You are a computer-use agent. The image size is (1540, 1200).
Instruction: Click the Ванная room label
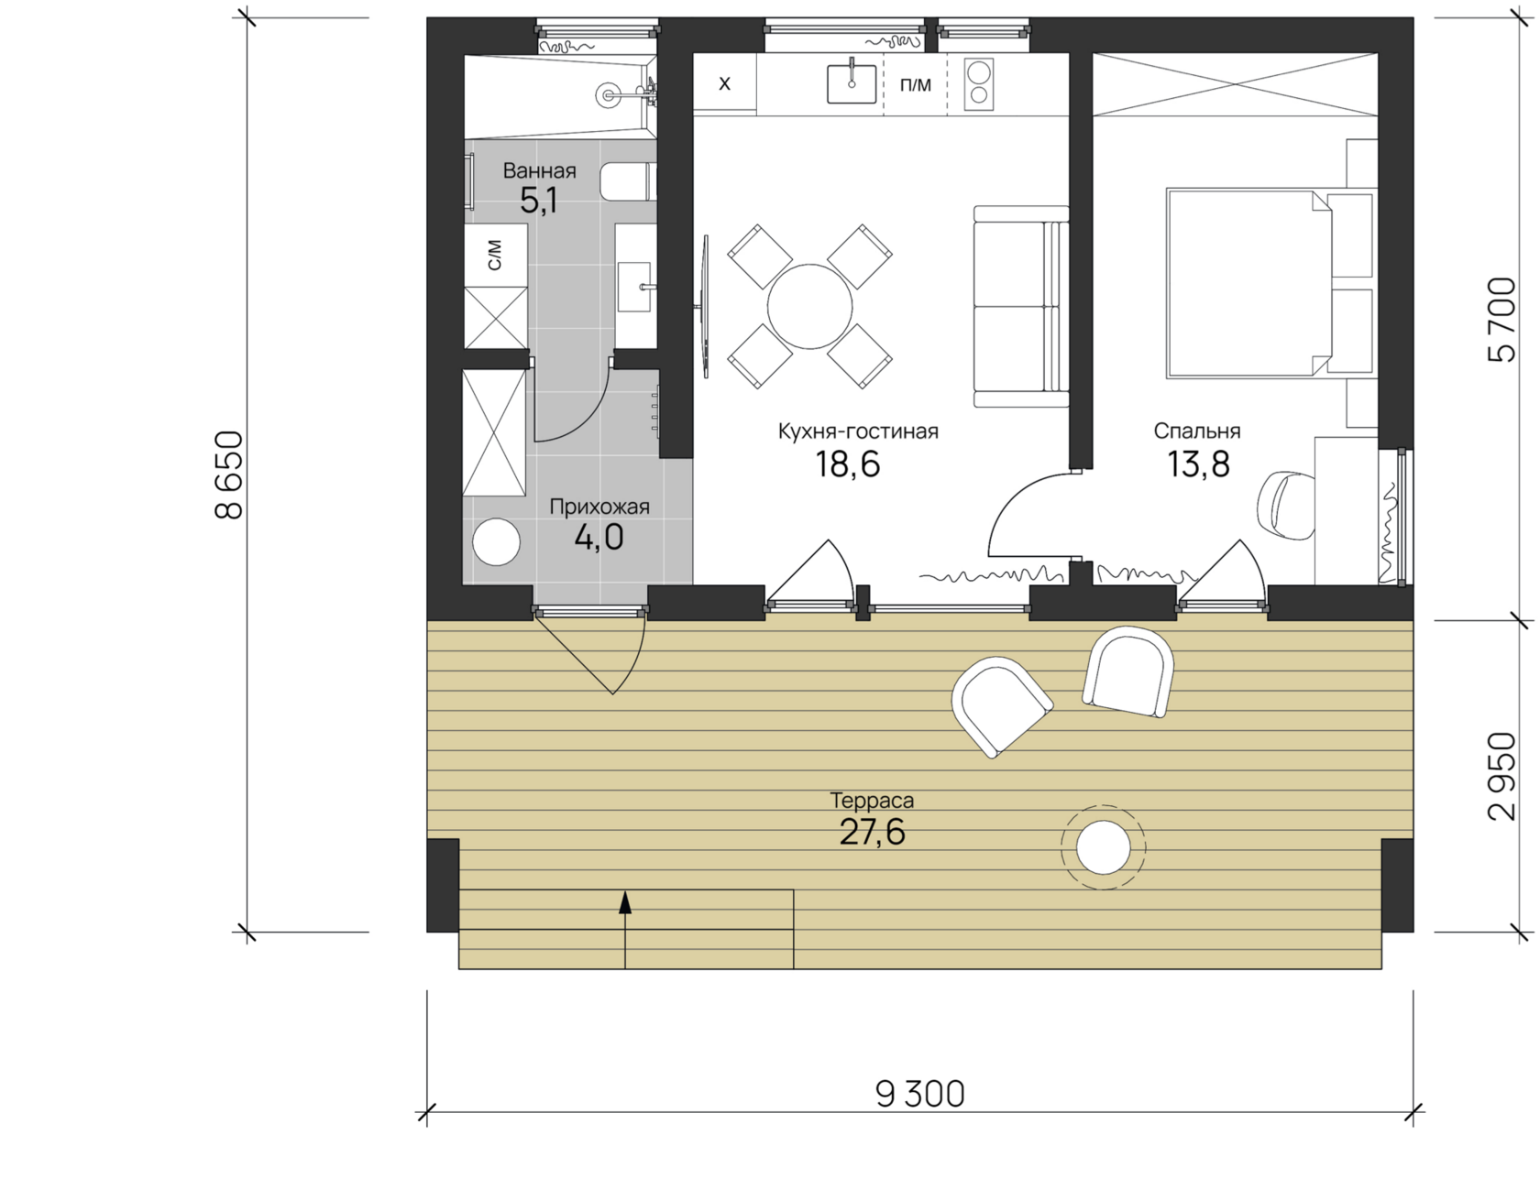pyautogui.click(x=539, y=170)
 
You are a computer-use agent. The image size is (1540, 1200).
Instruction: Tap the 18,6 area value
pyautogui.click(x=848, y=464)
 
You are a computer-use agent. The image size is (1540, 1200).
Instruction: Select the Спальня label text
pyautogui.click(x=1197, y=431)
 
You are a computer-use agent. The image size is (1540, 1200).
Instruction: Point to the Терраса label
pyautogui.click(x=872, y=801)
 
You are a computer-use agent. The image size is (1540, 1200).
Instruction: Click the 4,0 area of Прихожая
pyautogui.click(x=599, y=537)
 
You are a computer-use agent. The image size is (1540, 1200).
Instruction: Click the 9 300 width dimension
pyautogui.click(x=920, y=1094)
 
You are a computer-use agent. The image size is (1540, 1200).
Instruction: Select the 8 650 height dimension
pyautogui.click(x=229, y=475)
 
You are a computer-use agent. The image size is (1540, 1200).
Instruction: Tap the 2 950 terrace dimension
pyautogui.click(x=1501, y=776)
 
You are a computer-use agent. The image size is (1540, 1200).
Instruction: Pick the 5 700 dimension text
pyautogui.click(x=1501, y=320)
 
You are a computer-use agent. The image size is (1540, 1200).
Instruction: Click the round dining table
pyautogui.click(x=809, y=307)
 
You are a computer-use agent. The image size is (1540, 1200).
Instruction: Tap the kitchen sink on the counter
pyautogui.click(x=852, y=83)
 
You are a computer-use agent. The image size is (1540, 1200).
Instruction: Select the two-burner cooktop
pyautogui.click(x=979, y=83)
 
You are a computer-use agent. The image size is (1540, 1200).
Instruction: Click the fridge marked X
pyautogui.click(x=724, y=84)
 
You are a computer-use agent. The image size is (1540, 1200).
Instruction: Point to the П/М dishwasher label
pyautogui.click(x=916, y=85)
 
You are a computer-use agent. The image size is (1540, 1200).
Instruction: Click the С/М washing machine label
pyautogui.click(x=495, y=256)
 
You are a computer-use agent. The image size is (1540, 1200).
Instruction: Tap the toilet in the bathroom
pyautogui.click(x=629, y=181)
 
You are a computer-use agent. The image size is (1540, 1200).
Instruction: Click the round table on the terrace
pyautogui.click(x=1103, y=847)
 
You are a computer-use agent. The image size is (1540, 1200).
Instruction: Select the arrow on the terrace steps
pyautogui.click(x=625, y=929)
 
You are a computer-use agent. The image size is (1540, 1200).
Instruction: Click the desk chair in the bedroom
pyautogui.click(x=1286, y=504)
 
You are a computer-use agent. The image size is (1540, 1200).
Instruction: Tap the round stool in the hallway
pyautogui.click(x=496, y=541)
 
